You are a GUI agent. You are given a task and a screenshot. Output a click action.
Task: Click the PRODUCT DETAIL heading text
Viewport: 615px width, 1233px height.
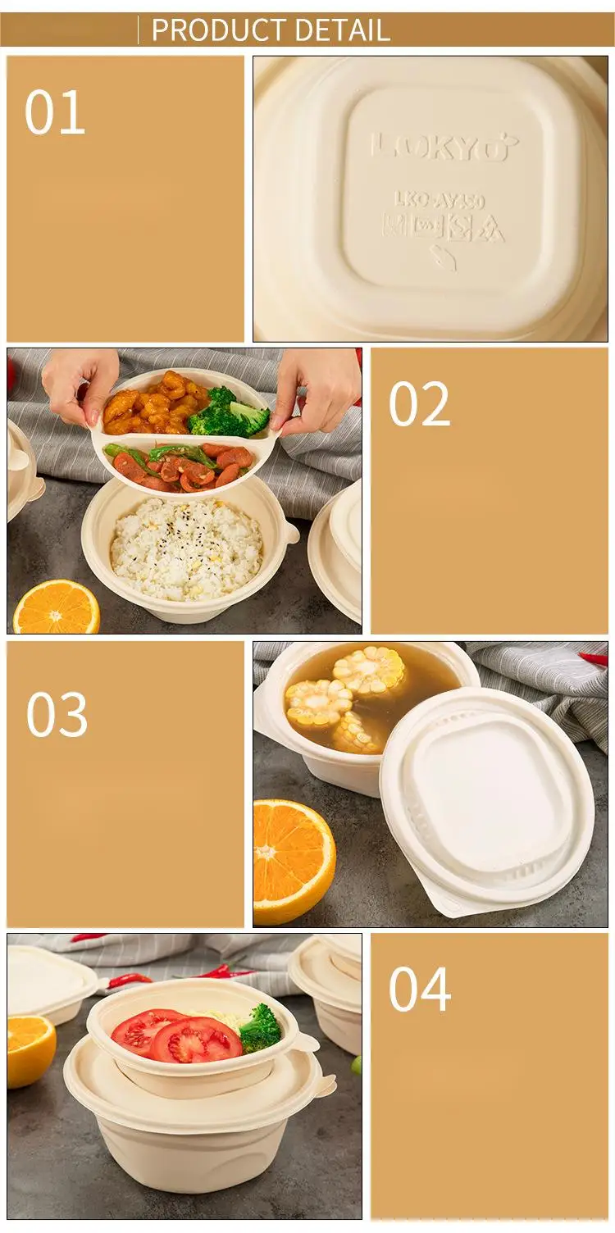tap(270, 30)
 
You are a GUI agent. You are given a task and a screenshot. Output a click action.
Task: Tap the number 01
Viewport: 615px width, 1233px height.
tap(54, 113)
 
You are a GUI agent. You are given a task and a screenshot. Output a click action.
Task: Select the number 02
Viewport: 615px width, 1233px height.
tap(419, 404)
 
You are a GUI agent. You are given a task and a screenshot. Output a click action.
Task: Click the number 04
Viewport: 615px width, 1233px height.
tap(419, 990)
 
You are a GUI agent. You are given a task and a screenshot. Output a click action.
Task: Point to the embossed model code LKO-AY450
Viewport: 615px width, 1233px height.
tap(439, 199)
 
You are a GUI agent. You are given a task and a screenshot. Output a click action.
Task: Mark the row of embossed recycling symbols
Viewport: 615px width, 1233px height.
tap(443, 228)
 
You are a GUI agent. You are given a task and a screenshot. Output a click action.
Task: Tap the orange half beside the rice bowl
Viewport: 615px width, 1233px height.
tap(56, 607)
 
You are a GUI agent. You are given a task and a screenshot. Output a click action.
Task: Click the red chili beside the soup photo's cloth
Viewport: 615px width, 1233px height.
tap(594, 658)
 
